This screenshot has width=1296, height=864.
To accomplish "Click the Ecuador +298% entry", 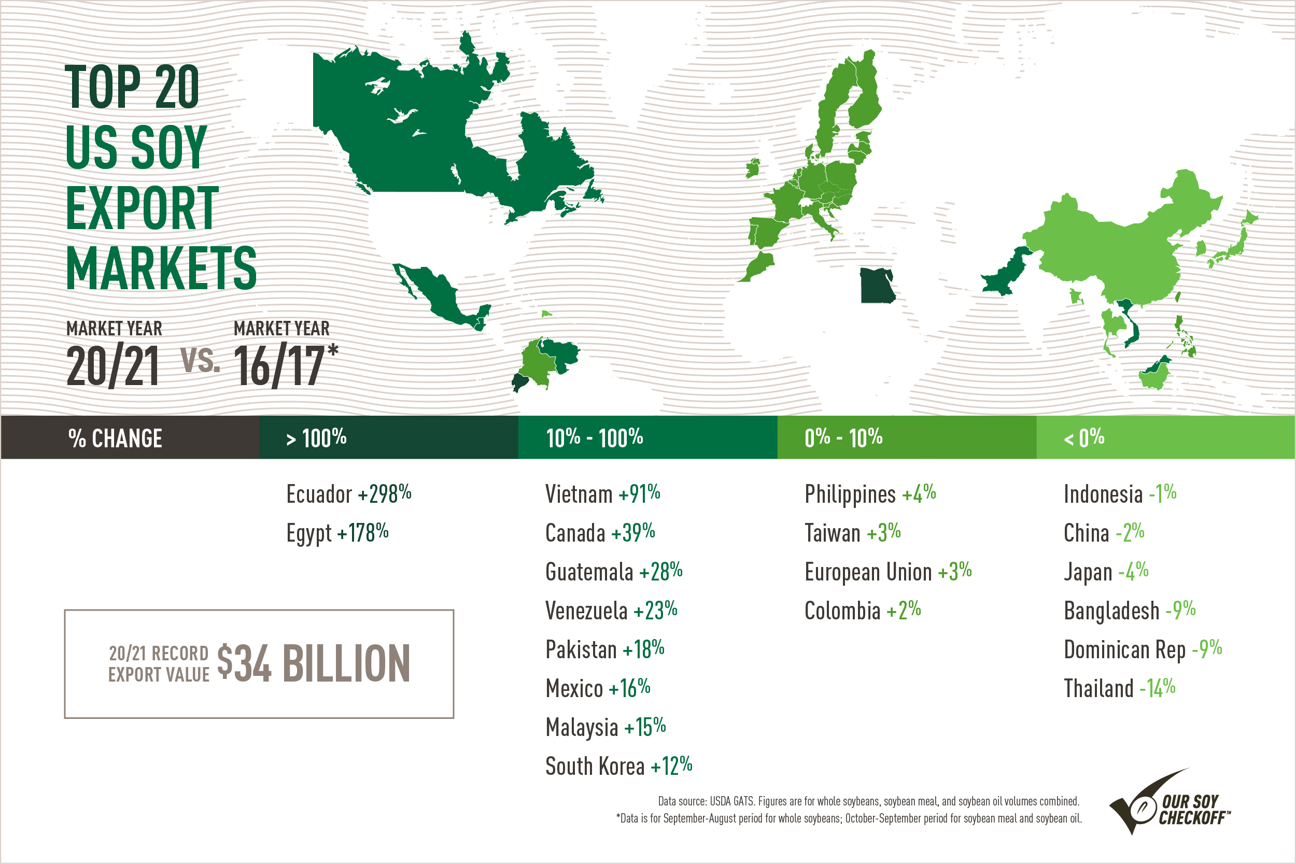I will pyautogui.click(x=349, y=494).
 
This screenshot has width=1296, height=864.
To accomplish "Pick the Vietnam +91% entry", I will pyautogui.click(x=602, y=494).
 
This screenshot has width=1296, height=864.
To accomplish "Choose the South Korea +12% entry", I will pyautogui.click(x=618, y=766).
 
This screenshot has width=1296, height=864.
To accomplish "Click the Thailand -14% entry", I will pyautogui.click(x=1119, y=688).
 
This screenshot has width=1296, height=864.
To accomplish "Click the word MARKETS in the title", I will pyautogui.click(x=161, y=268).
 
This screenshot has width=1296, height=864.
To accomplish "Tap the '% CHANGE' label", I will pyautogui.click(x=115, y=438).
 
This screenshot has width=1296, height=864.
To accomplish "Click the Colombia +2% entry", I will pyautogui.click(x=862, y=611).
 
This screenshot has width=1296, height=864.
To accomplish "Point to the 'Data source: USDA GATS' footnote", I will pyautogui.click(x=868, y=801).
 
